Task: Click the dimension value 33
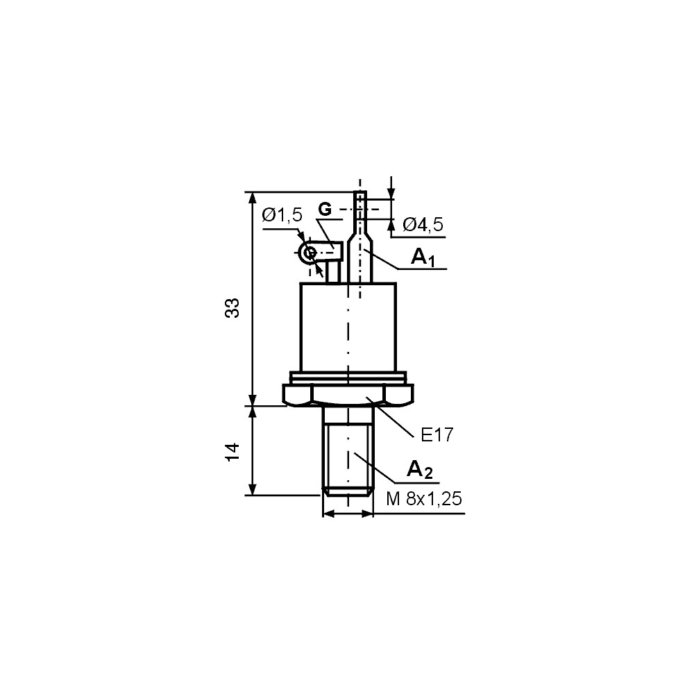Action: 235,307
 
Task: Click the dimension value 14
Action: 235,450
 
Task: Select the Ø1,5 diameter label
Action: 282,215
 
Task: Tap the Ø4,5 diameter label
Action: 423,224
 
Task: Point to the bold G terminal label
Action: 325,208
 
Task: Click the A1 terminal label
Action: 423,258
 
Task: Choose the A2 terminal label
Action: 419,470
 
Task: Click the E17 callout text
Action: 437,435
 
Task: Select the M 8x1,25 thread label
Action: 424,500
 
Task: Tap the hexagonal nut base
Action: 348,395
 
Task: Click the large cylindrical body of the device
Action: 348,326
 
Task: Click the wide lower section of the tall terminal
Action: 361,264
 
